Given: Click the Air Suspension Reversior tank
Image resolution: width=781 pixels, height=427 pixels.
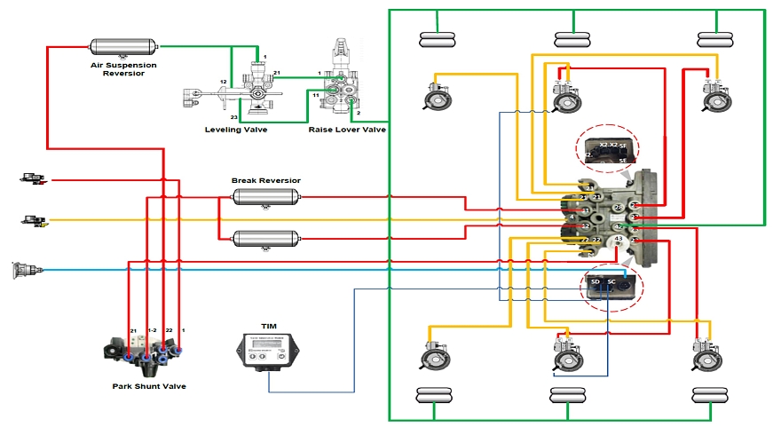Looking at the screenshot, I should [123, 45].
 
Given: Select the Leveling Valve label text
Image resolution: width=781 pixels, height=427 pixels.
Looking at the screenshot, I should [235, 130].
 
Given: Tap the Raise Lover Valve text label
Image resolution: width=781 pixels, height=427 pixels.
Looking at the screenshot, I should [347, 130].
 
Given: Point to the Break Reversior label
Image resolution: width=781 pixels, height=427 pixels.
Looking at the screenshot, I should [266, 180].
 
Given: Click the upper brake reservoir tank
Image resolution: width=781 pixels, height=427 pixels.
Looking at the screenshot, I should [266, 196].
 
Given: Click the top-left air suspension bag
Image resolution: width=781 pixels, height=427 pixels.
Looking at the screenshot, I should [438, 39].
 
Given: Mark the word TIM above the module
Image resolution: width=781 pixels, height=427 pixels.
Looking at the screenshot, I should [268, 326].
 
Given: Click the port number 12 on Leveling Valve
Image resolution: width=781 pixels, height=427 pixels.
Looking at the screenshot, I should [225, 83].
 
